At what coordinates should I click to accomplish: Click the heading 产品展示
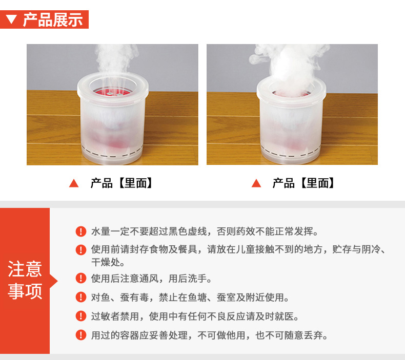coord(53,19)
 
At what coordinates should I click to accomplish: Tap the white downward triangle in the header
coord(11,19)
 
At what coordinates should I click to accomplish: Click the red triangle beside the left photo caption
coord(74,183)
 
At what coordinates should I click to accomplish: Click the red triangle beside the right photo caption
coord(256,183)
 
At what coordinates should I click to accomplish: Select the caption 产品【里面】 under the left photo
coord(121,183)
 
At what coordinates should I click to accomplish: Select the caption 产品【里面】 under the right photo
coord(303,183)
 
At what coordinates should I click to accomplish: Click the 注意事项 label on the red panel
coord(25,280)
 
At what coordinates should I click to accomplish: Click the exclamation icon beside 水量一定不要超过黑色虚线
coord(81,231)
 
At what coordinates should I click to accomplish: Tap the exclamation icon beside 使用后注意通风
coord(81,279)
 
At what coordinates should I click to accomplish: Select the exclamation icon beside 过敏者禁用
coord(81,316)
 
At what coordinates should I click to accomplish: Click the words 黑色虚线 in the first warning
coord(188,231)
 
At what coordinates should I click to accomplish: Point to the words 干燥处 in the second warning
coord(106,263)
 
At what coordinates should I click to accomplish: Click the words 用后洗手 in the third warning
coord(188,279)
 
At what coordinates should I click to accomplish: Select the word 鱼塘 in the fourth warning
coord(197,298)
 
